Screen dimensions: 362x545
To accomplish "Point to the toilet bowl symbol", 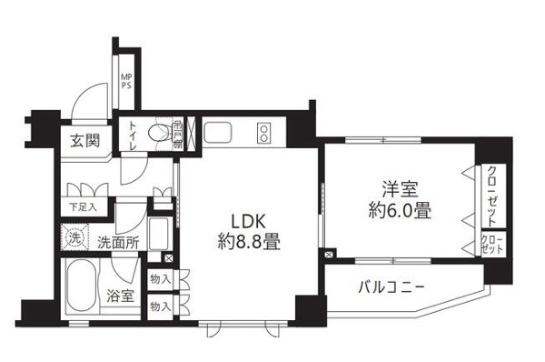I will coord(160,134).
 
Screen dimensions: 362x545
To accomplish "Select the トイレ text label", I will coord(133,140).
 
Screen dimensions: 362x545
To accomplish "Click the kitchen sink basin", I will coord(220,135).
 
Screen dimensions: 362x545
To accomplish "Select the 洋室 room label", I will coord(397,191).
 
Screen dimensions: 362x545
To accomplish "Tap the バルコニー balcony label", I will coord(384,289).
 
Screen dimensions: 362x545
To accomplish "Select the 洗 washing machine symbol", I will coord(76,239).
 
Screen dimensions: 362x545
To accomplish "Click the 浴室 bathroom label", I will coord(122,296).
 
